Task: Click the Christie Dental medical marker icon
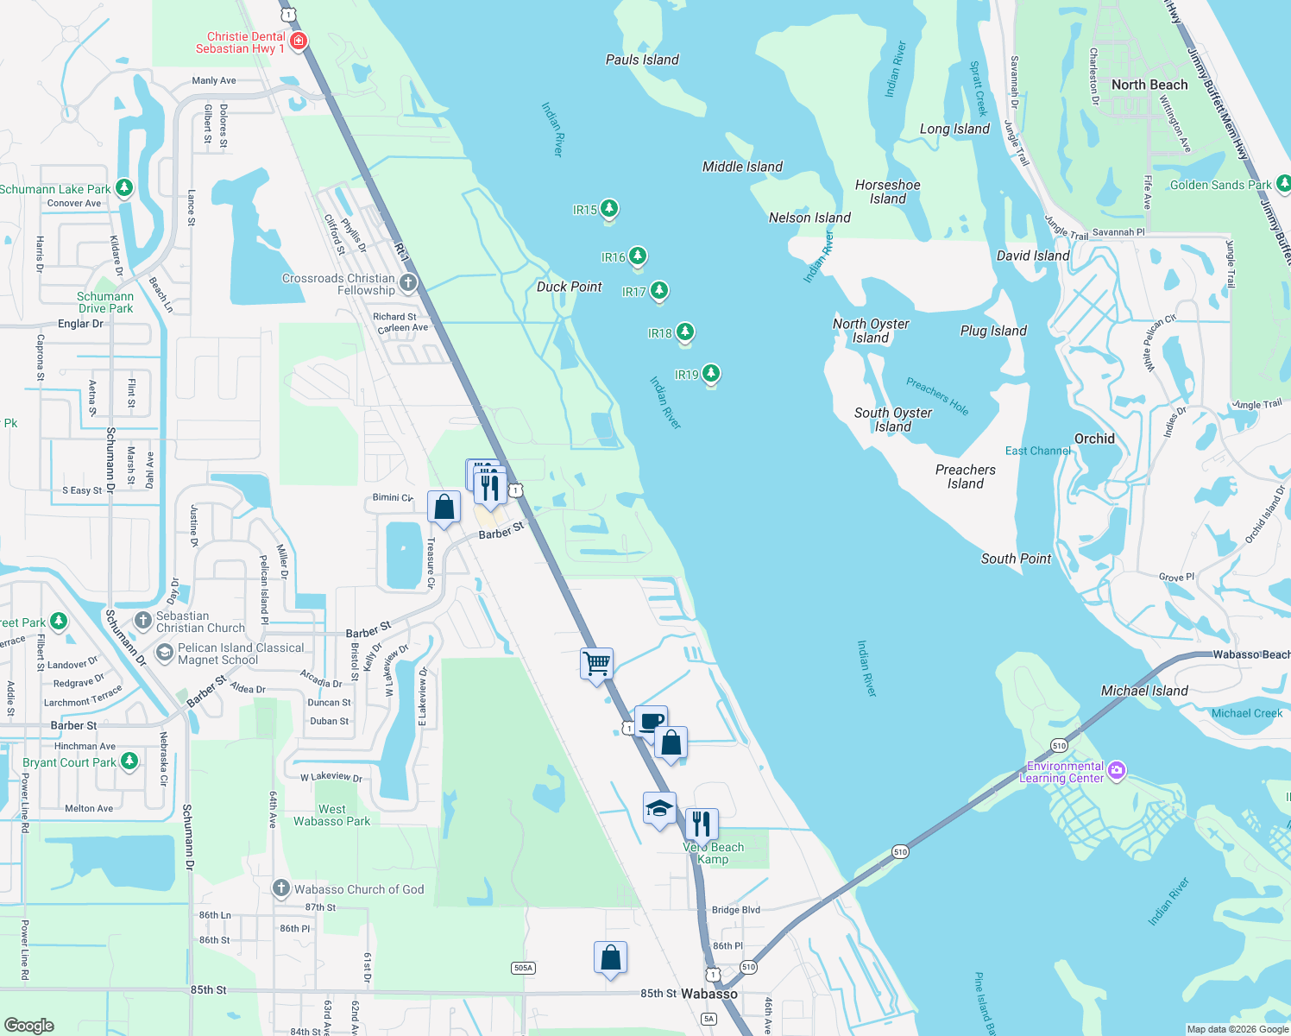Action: pos(299,41)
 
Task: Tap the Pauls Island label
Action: pos(642,60)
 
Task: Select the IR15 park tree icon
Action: pos(609,208)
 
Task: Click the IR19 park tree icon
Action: pos(711,373)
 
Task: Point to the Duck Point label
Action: pos(569,287)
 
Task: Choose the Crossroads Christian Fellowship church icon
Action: pos(408,282)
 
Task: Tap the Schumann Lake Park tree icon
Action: pos(124,187)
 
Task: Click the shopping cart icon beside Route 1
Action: pos(597,664)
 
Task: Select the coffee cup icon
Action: pos(652,721)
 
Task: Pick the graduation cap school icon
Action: pos(659,809)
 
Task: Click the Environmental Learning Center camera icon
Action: pos(1117,770)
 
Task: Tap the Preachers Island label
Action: pos(965,477)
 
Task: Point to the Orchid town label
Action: pos(1094,439)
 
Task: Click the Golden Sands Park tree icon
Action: pos(1283,183)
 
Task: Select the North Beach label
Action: pos(1149,85)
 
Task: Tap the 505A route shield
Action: pos(523,968)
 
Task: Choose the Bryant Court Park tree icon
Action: pos(129,761)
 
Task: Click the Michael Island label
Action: pos(1144,691)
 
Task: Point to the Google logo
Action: pos(29,1026)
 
